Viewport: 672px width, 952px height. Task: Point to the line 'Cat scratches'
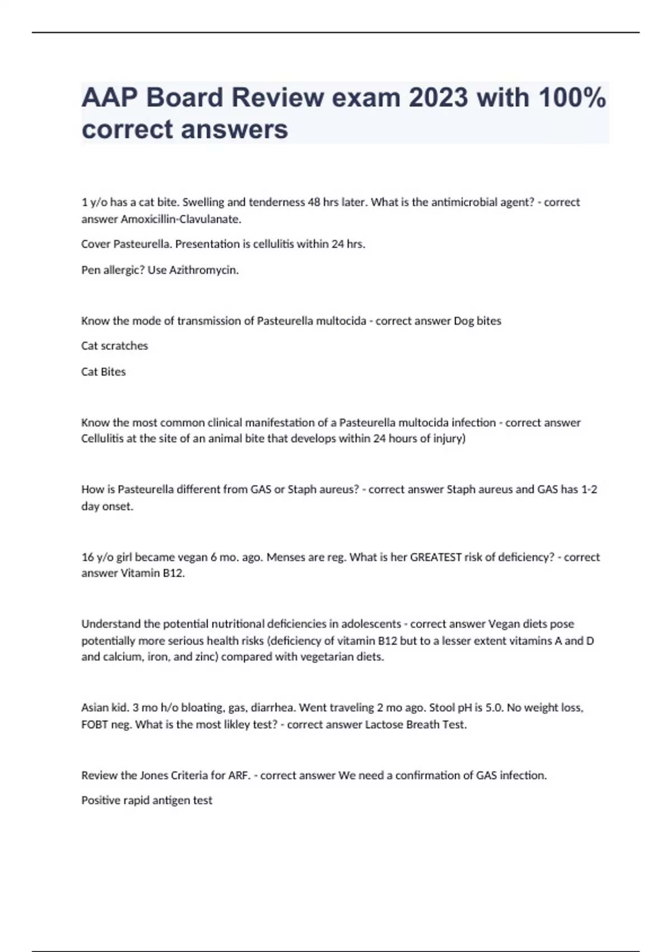pyautogui.click(x=114, y=346)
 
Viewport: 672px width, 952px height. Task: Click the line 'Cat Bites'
pyautogui.click(x=104, y=371)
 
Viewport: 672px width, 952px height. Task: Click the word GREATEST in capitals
pyautogui.click(x=436, y=557)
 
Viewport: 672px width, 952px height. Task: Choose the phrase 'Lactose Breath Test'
pyautogui.click(x=414, y=724)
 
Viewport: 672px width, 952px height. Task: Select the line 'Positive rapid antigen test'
pyautogui.click(x=147, y=800)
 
